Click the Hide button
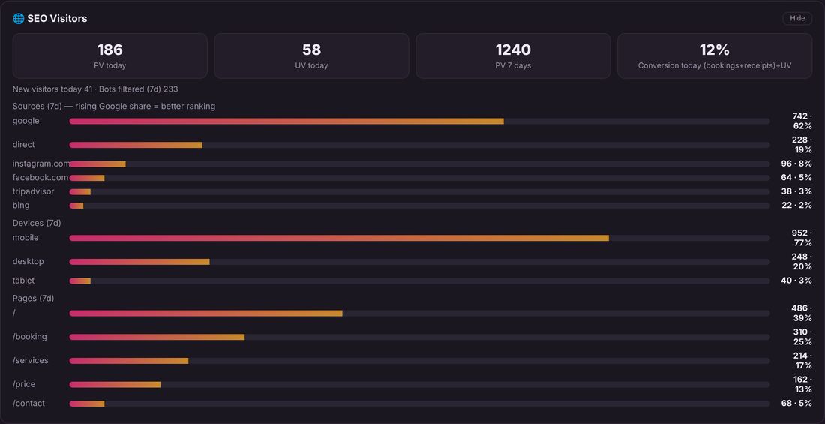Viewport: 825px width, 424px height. coord(797,19)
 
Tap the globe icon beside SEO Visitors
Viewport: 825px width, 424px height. coord(19,19)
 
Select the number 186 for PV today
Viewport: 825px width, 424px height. coord(110,50)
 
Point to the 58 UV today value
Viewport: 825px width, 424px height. coord(311,50)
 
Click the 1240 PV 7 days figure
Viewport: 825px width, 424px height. coord(513,50)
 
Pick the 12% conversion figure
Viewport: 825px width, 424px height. coord(715,50)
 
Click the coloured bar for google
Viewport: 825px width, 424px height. coord(286,121)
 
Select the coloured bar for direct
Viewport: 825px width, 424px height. coord(136,145)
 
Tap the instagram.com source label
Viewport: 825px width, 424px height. coord(41,164)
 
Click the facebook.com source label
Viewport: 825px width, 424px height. coord(40,178)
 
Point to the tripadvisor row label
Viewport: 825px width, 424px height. coord(33,191)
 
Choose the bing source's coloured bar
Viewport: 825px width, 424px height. coord(76,206)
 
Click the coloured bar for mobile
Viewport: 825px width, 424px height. coord(339,238)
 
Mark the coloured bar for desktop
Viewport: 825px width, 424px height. coord(139,262)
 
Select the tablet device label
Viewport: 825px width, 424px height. coord(24,281)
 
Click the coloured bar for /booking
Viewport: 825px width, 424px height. coord(157,337)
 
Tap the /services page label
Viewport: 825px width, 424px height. coord(31,361)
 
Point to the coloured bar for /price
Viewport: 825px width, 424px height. coord(115,384)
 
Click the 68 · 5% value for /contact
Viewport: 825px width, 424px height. coord(796,404)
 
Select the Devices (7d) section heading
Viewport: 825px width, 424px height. coord(37,224)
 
